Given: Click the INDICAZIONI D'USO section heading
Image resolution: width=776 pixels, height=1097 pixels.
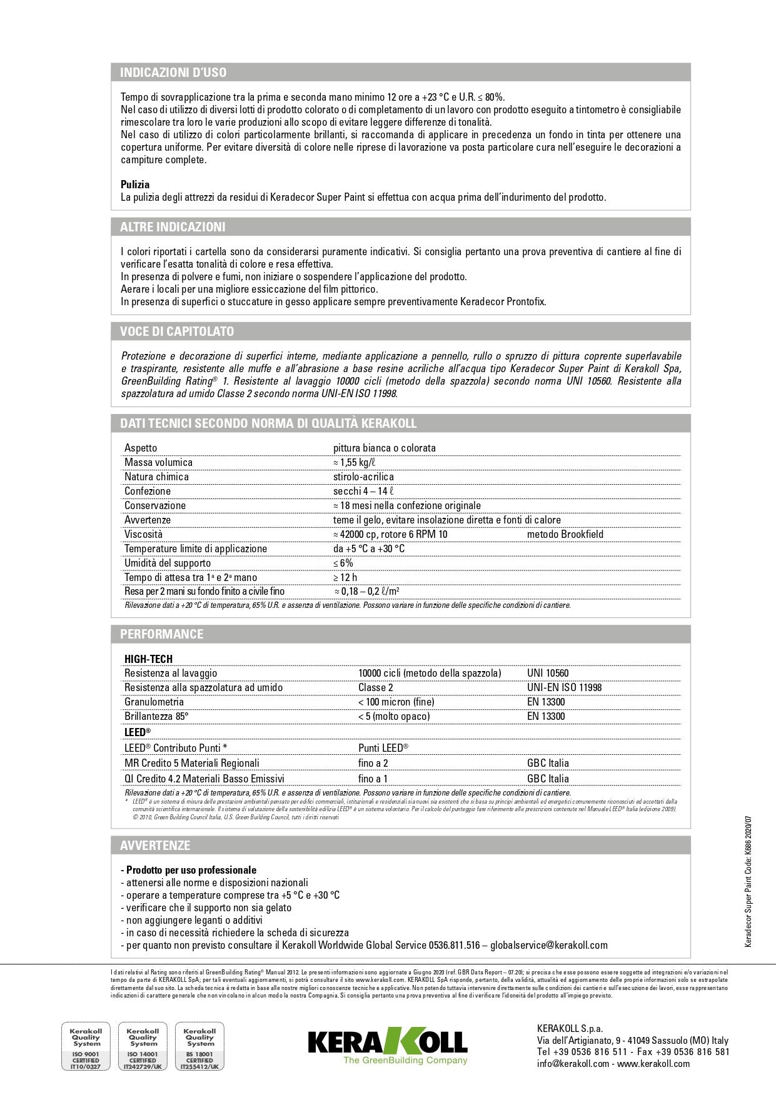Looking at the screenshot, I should click(x=173, y=73).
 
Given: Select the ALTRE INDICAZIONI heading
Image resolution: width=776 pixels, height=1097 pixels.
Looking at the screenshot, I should click(x=173, y=227).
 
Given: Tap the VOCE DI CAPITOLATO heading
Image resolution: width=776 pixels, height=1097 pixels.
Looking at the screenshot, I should click(x=177, y=331).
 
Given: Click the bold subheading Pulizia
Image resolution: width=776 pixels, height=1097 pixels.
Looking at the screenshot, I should click(x=135, y=185).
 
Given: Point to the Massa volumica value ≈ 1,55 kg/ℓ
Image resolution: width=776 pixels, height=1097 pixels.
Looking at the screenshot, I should click(x=354, y=462).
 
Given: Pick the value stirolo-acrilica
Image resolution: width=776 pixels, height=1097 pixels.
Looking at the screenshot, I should click(x=363, y=477).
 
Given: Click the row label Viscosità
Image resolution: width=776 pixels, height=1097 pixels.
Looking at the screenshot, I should click(x=143, y=534).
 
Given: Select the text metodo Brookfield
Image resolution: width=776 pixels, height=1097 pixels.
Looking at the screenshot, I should click(x=565, y=534).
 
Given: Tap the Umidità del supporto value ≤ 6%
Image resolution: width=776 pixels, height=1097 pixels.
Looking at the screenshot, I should click(x=343, y=563).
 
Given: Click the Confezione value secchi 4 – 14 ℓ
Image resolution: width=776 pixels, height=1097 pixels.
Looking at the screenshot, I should click(x=363, y=491).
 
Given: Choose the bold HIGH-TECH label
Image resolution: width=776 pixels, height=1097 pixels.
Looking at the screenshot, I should click(x=148, y=659).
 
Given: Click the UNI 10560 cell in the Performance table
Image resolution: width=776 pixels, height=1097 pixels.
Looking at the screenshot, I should click(x=548, y=673).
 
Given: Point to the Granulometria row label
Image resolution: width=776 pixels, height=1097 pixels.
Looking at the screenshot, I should click(x=154, y=702).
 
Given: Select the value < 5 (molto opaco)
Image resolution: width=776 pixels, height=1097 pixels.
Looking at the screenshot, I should click(x=394, y=716).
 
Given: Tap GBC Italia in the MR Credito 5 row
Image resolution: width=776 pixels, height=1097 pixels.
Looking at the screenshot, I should click(x=548, y=763).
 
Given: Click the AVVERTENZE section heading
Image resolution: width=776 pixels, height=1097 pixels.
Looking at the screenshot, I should click(x=154, y=846).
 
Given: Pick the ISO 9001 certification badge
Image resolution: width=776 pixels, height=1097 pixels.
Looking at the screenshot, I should click(x=86, y=1047).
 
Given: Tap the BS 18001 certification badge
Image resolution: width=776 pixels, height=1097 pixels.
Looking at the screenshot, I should click(x=200, y=1047).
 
